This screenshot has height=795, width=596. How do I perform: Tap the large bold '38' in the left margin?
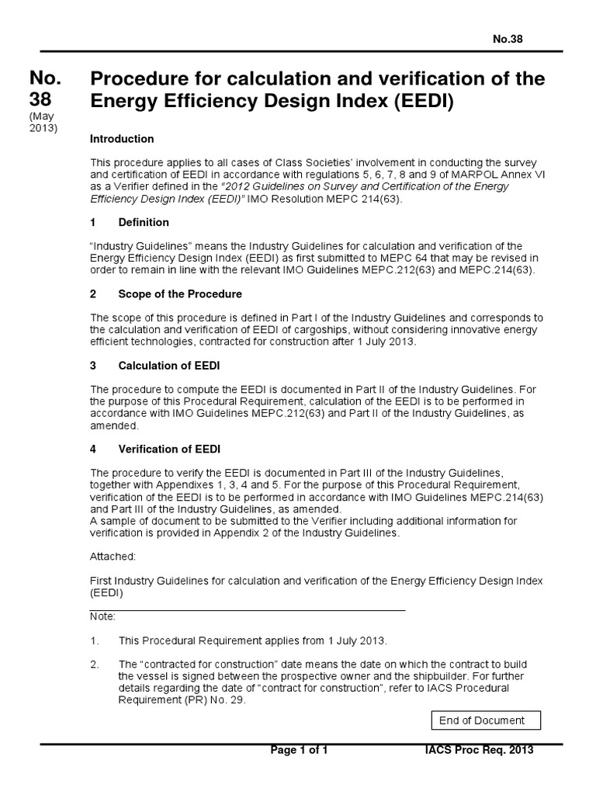43,102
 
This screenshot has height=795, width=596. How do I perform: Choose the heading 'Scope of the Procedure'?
180,294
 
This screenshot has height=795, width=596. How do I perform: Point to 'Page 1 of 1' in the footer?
299,750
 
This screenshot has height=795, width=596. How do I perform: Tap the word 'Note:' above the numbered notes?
103,616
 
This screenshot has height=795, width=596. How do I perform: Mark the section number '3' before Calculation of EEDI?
94,366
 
